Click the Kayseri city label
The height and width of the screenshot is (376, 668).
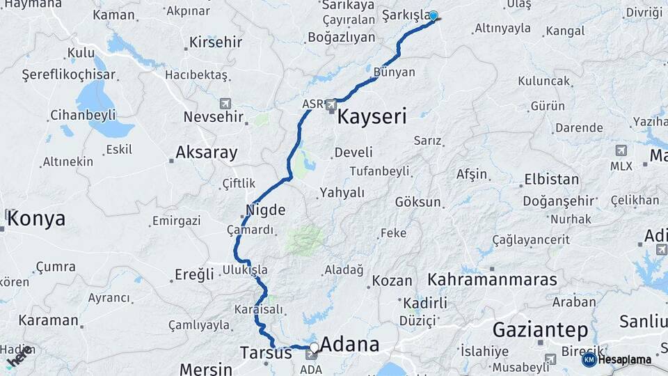pyautogui.click(x=372, y=116)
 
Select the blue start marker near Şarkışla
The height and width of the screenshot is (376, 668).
pyautogui.click(x=434, y=16)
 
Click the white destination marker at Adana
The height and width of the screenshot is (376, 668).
pyautogui.click(x=315, y=347)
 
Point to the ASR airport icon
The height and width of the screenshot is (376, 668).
pyautogui.click(x=332, y=105)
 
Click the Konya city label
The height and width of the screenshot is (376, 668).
pyautogui.click(x=37, y=219)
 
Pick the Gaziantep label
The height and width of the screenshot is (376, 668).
pyautogui.click(x=540, y=329)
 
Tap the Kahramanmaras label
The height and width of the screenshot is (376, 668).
pyautogui.click(x=492, y=280)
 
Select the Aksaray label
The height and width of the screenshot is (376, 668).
pyautogui.click(x=206, y=152)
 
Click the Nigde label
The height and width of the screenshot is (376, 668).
pyautogui.click(x=265, y=209)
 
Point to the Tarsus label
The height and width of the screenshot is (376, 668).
pyautogui.click(x=266, y=352)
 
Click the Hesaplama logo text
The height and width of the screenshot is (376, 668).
pyautogui.click(x=625, y=360)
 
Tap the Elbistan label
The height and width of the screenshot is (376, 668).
pyautogui.click(x=551, y=179)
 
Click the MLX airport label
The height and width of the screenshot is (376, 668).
pyautogui.click(x=621, y=166)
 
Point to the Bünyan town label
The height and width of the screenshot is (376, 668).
pyautogui.click(x=394, y=72)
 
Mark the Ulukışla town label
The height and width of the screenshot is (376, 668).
pyautogui.click(x=245, y=269)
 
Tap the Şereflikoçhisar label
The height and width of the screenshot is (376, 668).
pyautogui.click(x=68, y=74)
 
